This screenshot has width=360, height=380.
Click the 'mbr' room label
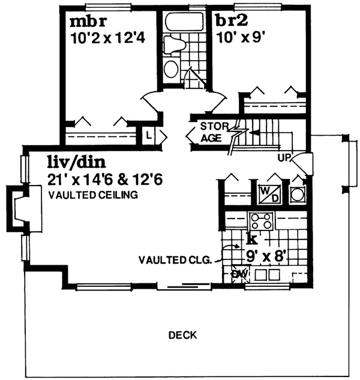tap(88, 23)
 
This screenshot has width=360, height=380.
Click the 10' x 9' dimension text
tap(239, 40)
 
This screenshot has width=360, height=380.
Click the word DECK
tap(182, 335)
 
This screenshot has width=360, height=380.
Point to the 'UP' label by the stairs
tap(284, 158)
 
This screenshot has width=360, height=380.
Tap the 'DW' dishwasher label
tap(239, 274)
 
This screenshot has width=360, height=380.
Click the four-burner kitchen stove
tap(262, 220)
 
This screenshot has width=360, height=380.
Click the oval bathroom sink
tap(171, 68)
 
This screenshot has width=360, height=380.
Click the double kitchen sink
tap(268, 275)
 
